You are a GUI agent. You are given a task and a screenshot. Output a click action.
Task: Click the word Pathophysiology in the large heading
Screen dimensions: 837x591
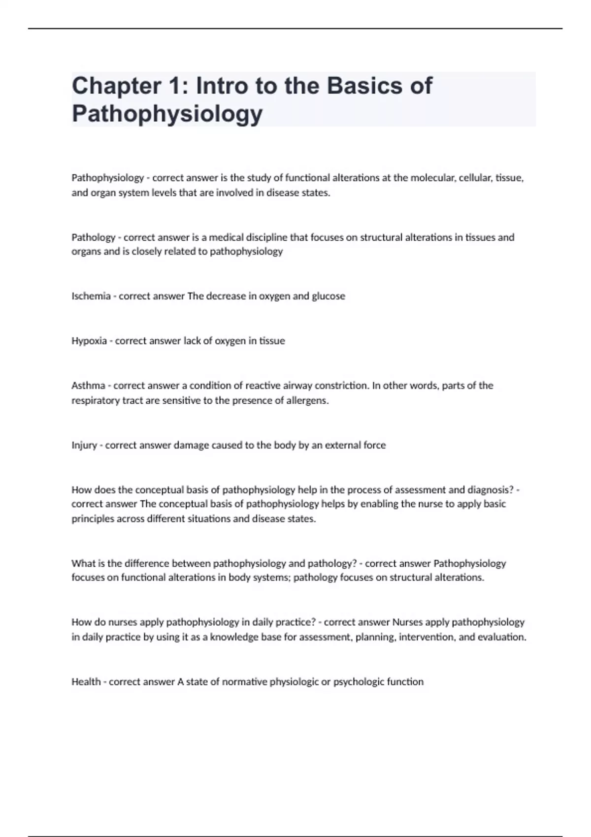click(167, 114)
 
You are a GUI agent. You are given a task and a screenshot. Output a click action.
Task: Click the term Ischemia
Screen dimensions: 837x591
click(91, 296)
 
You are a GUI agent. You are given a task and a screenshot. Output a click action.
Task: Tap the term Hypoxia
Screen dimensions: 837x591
click(89, 341)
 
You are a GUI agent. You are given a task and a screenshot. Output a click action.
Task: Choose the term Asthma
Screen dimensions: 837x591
click(88, 386)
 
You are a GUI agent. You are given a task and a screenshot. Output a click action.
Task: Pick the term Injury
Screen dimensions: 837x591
click(84, 445)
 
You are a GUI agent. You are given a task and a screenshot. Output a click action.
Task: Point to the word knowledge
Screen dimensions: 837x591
click(232, 637)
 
